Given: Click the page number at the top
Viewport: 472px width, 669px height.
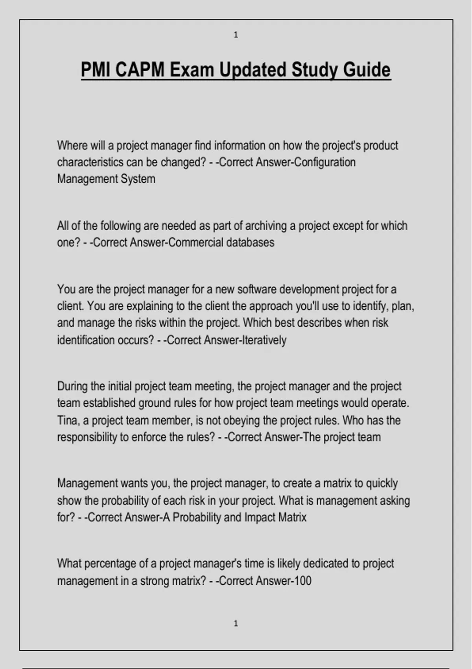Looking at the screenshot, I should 236,35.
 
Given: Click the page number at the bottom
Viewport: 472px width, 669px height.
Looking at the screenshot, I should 236,623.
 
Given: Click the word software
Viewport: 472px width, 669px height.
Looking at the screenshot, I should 257,290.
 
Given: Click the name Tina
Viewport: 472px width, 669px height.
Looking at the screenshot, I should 68,421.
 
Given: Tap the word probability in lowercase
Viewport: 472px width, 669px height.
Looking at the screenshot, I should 125,501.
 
